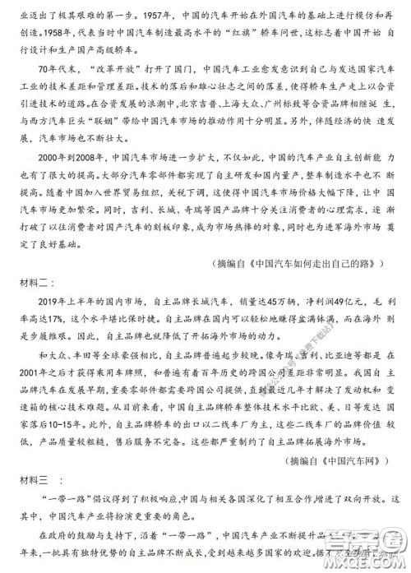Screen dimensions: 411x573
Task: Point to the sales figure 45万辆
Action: coord(270,349)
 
